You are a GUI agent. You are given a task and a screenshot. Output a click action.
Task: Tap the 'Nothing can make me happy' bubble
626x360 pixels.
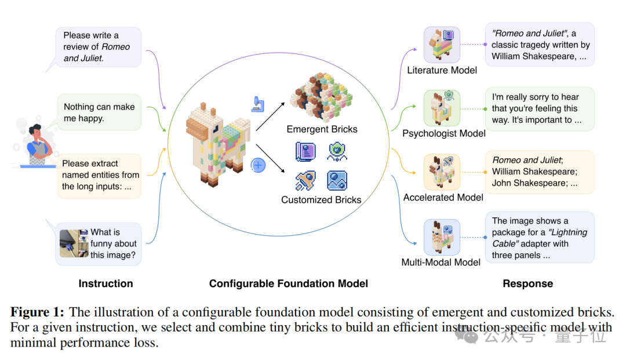(99, 112)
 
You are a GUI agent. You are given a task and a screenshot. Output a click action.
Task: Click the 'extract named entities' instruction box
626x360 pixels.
(99, 175)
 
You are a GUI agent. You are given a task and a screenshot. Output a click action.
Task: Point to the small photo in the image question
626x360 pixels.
(73, 243)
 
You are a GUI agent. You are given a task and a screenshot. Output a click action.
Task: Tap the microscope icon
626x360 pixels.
(257, 104)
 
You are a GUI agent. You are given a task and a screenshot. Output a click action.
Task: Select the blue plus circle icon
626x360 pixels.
(258, 165)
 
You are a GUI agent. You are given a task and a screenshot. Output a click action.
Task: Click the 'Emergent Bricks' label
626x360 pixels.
(322, 129)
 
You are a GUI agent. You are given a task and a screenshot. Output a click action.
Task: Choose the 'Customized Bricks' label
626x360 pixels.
(321, 200)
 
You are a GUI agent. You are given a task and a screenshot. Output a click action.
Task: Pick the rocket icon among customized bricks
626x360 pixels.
(305, 181)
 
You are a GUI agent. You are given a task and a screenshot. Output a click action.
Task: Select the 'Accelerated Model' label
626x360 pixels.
(443, 197)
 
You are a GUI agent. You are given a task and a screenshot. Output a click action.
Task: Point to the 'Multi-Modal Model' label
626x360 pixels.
(441, 262)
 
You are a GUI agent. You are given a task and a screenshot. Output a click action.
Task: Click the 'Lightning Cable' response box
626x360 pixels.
(539, 238)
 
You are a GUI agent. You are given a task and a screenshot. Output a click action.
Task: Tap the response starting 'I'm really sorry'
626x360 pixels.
(539, 108)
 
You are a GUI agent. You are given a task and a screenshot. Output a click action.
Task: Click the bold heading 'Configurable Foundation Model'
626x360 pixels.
(289, 283)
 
